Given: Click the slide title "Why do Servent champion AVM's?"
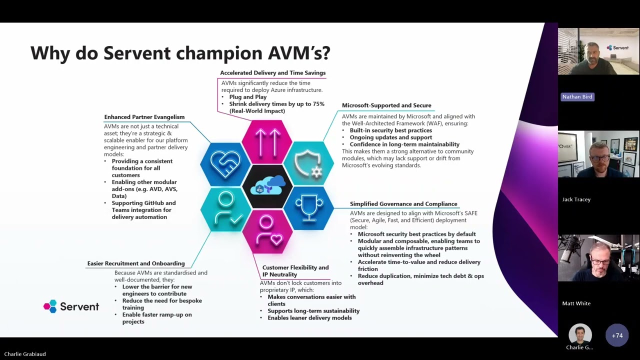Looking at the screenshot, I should coord(180,53).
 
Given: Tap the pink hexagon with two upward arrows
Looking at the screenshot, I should coord(267,142).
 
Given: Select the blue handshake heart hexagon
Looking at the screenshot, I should coord(225,164).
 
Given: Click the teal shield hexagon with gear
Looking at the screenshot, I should coord(308,163).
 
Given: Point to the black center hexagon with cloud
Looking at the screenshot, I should coord(267,186).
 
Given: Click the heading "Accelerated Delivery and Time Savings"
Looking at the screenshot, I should coord(272,73).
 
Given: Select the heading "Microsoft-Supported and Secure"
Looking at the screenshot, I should coord(386,105).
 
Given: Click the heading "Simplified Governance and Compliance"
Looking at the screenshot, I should coord(403,204).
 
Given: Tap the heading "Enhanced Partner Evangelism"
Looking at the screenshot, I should coord(144,117).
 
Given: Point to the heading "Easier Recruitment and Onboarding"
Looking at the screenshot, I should coord(136,263).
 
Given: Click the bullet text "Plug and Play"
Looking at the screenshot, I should coord(248,97).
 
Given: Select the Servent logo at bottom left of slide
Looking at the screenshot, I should coord(71,306).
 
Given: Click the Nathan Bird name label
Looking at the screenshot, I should coord(577,97).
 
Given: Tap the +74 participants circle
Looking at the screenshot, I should coord(617,335).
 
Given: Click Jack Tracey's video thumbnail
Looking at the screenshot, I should coord(598,154).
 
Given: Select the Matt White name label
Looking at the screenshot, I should coord(576,303).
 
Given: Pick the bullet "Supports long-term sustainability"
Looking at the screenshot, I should coord(313,311).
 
